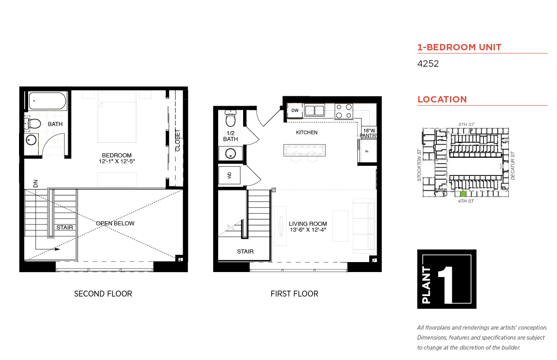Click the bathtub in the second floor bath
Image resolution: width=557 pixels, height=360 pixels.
[x=47, y=101]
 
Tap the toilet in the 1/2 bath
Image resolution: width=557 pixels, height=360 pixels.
[x=230, y=118]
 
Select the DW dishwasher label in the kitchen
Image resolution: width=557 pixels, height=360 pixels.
[x=295, y=110]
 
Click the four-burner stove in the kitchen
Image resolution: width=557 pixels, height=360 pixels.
[x=344, y=111]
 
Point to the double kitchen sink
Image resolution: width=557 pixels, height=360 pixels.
[x=314, y=110]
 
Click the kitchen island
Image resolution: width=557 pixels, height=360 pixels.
[x=304, y=150]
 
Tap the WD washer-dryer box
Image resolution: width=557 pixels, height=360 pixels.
[x=229, y=175]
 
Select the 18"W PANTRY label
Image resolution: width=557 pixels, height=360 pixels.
[x=369, y=133]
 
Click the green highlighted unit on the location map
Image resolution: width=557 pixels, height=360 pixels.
[x=463, y=194]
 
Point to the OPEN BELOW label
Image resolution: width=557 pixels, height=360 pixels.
[x=115, y=223]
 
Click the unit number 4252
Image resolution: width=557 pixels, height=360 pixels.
[x=428, y=63]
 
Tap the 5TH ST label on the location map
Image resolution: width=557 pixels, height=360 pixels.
[x=466, y=124]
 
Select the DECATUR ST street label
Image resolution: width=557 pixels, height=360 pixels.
[x=513, y=166]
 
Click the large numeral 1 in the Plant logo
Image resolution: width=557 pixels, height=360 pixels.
[x=445, y=285]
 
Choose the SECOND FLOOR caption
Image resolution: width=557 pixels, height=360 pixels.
[x=103, y=294]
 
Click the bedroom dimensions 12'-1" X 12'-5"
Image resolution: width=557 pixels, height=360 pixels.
[x=117, y=161]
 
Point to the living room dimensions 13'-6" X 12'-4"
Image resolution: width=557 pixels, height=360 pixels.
[x=308, y=230]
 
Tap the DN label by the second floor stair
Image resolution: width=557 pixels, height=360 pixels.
[x=35, y=184]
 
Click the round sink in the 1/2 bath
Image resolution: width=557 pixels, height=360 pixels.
[x=230, y=154]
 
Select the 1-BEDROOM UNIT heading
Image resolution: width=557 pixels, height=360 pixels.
[x=459, y=47]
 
